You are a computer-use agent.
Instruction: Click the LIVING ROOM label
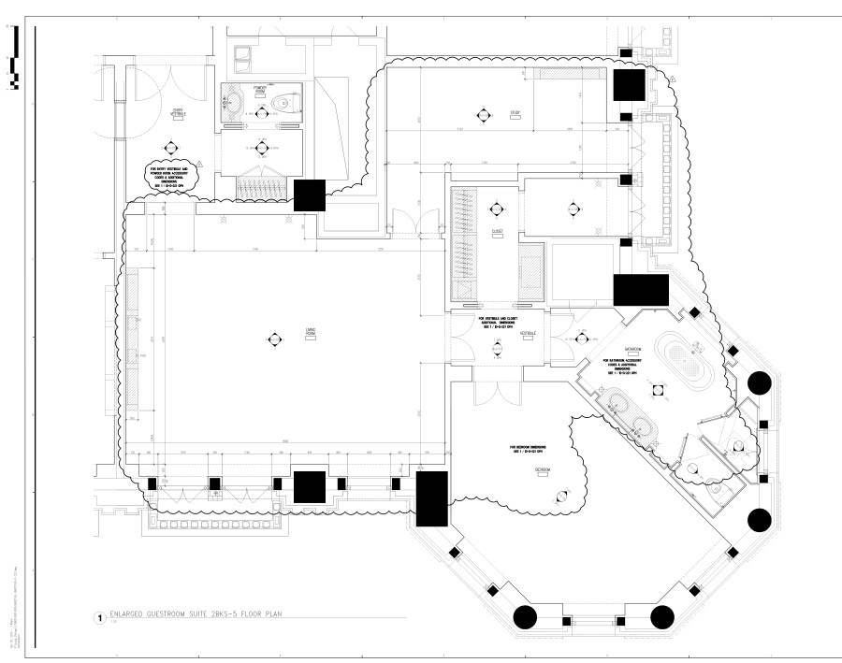(302, 331)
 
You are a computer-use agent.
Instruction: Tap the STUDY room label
(515, 113)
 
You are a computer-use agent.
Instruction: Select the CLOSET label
(497, 231)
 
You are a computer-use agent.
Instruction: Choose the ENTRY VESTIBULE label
(178, 112)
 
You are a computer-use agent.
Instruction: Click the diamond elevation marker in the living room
(274, 339)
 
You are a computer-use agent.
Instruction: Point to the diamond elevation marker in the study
(483, 116)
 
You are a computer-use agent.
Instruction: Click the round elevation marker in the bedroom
(562, 496)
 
